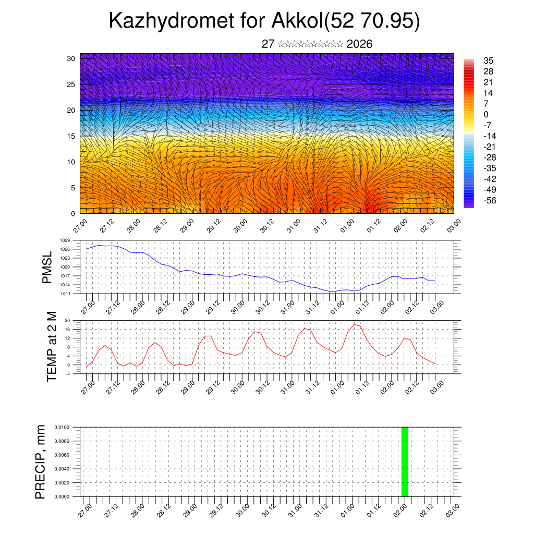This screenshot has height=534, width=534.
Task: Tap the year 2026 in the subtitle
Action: click(359, 44)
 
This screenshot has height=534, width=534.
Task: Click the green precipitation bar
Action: click(405, 462)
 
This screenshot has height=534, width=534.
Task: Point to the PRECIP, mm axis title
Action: click(40, 462)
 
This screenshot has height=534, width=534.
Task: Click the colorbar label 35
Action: click(489, 60)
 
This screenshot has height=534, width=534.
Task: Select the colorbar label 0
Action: click(487, 114)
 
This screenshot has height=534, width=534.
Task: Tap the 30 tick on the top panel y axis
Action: click(71, 58)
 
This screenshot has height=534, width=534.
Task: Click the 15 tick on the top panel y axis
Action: click(71, 136)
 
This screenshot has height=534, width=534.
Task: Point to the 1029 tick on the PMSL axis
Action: click(65, 240)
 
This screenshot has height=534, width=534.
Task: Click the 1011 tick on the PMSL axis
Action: click(65, 294)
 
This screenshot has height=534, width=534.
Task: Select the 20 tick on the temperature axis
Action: click(67, 320)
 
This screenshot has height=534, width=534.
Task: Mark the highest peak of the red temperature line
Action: click(355, 324)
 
